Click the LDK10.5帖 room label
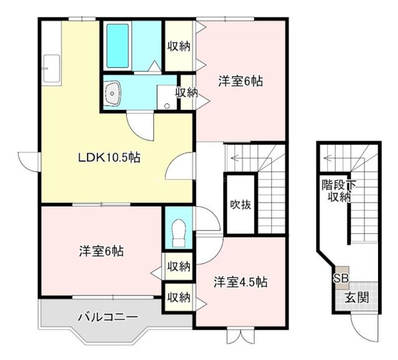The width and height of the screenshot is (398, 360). [x=109, y=157]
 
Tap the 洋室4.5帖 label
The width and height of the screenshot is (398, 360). [x=241, y=282]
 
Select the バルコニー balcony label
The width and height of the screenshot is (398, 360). [x=108, y=317]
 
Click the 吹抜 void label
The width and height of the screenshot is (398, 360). [x=240, y=204]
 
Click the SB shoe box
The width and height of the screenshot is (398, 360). [x=340, y=279]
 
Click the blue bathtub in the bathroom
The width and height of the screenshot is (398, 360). [x=117, y=46]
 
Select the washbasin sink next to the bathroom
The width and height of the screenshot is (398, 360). [x=113, y=95]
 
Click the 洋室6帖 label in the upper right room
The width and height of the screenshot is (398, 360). [x=240, y=80]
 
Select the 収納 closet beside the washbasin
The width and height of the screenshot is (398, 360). [x=186, y=93]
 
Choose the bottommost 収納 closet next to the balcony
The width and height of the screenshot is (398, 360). [x=178, y=297]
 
